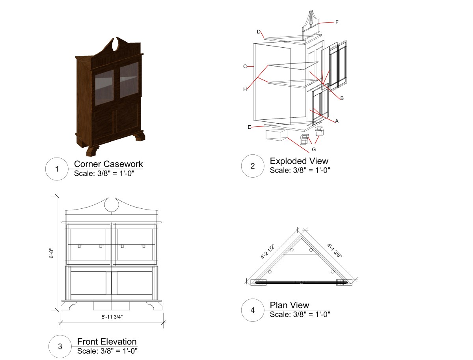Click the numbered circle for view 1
pyautogui.click(x=57, y=169)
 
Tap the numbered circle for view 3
pyautogui.click(x=60, y=347)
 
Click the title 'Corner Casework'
pyautogui.click(x=108, y=164)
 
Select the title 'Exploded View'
pyautogui.click(x=299, y=161)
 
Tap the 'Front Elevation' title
pyautogui.click(x=107, y=341)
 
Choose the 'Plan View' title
pyautogui.click(x=289, y=305)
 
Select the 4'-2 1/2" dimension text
pyautogui.click(x=268, y=251)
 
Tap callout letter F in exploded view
pyautogui.click(x=337, y=22)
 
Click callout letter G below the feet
pyautogui.click(x=314, y=150)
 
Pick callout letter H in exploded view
pyautogui.click(x=245, y=89)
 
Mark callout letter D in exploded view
pyautogui.click(x=258, y=32)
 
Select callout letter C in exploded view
pyautogui.click(x=245, y=67)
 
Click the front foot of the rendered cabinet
pyautogui.click(x=92, y=150)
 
